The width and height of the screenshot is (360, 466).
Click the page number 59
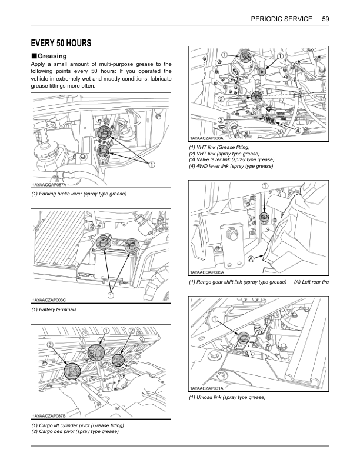click(x=325, y=19)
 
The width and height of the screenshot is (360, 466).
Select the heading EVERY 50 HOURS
click(x=61, y=43)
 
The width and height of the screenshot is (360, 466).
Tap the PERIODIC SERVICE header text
click(x=281, y=19)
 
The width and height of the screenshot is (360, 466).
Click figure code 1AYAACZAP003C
click(x=53, y=299)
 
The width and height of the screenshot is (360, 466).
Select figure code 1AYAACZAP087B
click(x=53, y=415)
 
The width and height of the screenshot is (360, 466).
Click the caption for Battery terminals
click(x=54, y=309)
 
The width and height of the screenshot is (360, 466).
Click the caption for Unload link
click(x=227, y=398)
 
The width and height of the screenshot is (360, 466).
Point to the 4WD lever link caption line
click(x=231, y=166)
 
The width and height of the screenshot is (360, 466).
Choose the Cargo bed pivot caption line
click(x=75, y=431)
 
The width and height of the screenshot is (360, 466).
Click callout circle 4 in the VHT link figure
click(x=298, y=129)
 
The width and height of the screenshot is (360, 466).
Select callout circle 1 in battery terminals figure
click(x=109, y=294)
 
